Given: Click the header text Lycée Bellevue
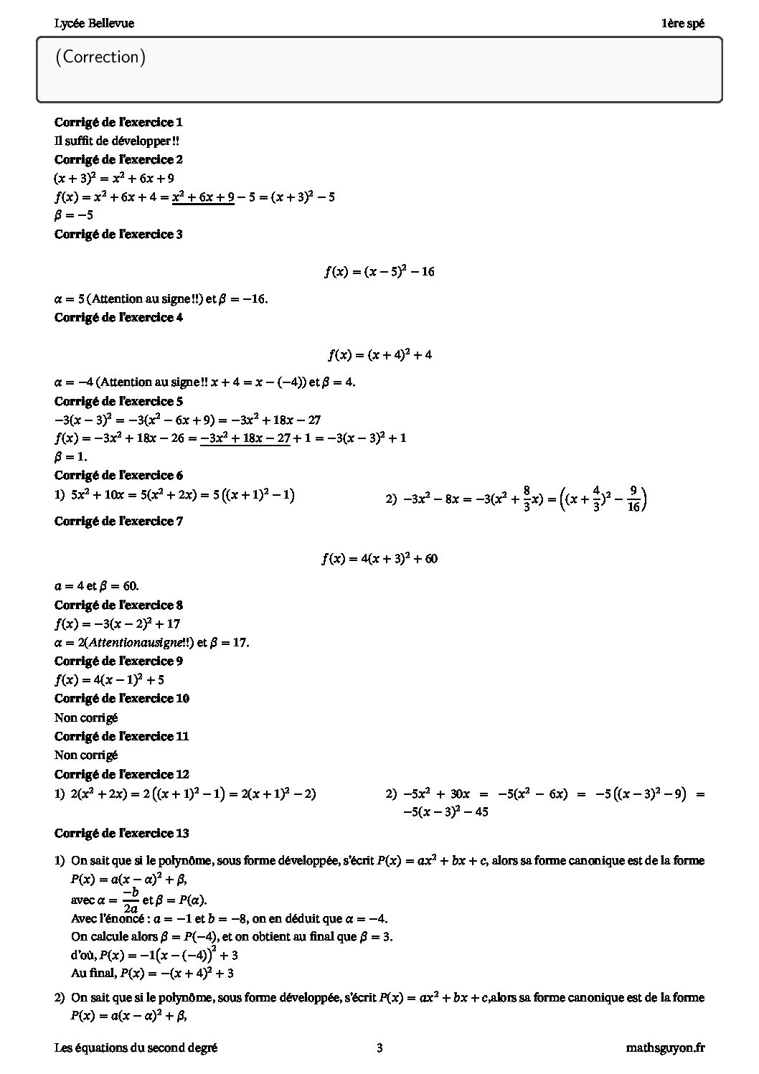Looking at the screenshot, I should pos(94,24).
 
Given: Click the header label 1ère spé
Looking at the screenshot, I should pos(683,24).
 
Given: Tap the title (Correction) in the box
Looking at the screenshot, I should pos(100,57).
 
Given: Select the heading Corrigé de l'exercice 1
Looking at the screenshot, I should pos(118,122).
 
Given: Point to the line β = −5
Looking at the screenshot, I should pos(74,215).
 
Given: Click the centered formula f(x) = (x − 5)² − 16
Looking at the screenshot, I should pos(379,272).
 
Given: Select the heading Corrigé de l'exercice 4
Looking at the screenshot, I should pos(118,317).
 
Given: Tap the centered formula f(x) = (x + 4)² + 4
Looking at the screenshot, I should pos(379,355).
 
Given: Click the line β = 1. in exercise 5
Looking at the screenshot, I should pos(71,456).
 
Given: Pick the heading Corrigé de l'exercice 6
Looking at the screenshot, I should pos(118,475).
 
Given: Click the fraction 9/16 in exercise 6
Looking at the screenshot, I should pos(633,499).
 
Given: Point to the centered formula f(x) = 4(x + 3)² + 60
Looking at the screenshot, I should pos(379,559).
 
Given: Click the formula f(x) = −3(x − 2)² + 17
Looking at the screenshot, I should pos(117,624).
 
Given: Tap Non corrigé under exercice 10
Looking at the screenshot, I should pos(86,717).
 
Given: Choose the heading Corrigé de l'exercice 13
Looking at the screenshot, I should pos(122,833).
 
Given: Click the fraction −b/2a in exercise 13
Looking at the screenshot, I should pos(130,900).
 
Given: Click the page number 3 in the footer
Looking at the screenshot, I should pos(379,1048).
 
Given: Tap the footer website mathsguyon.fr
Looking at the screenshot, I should pos(665,1048).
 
